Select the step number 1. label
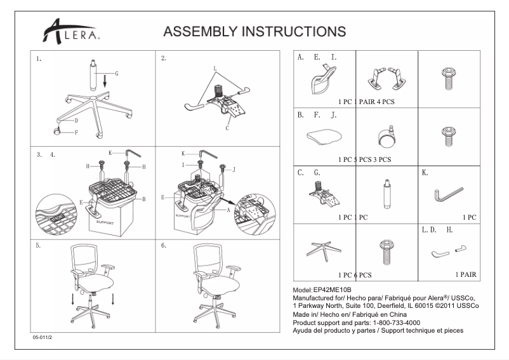click(x=39, y=59)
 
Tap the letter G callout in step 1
click(x=117, y=74)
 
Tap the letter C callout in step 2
click(x=227, y=128)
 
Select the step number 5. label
click(x=39, y=245)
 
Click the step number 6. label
click(x=164, y=245)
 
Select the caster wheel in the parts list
click(x=385, y=136)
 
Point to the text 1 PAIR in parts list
click(x=466, y=275)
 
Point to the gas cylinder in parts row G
click(x=385, y=194)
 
